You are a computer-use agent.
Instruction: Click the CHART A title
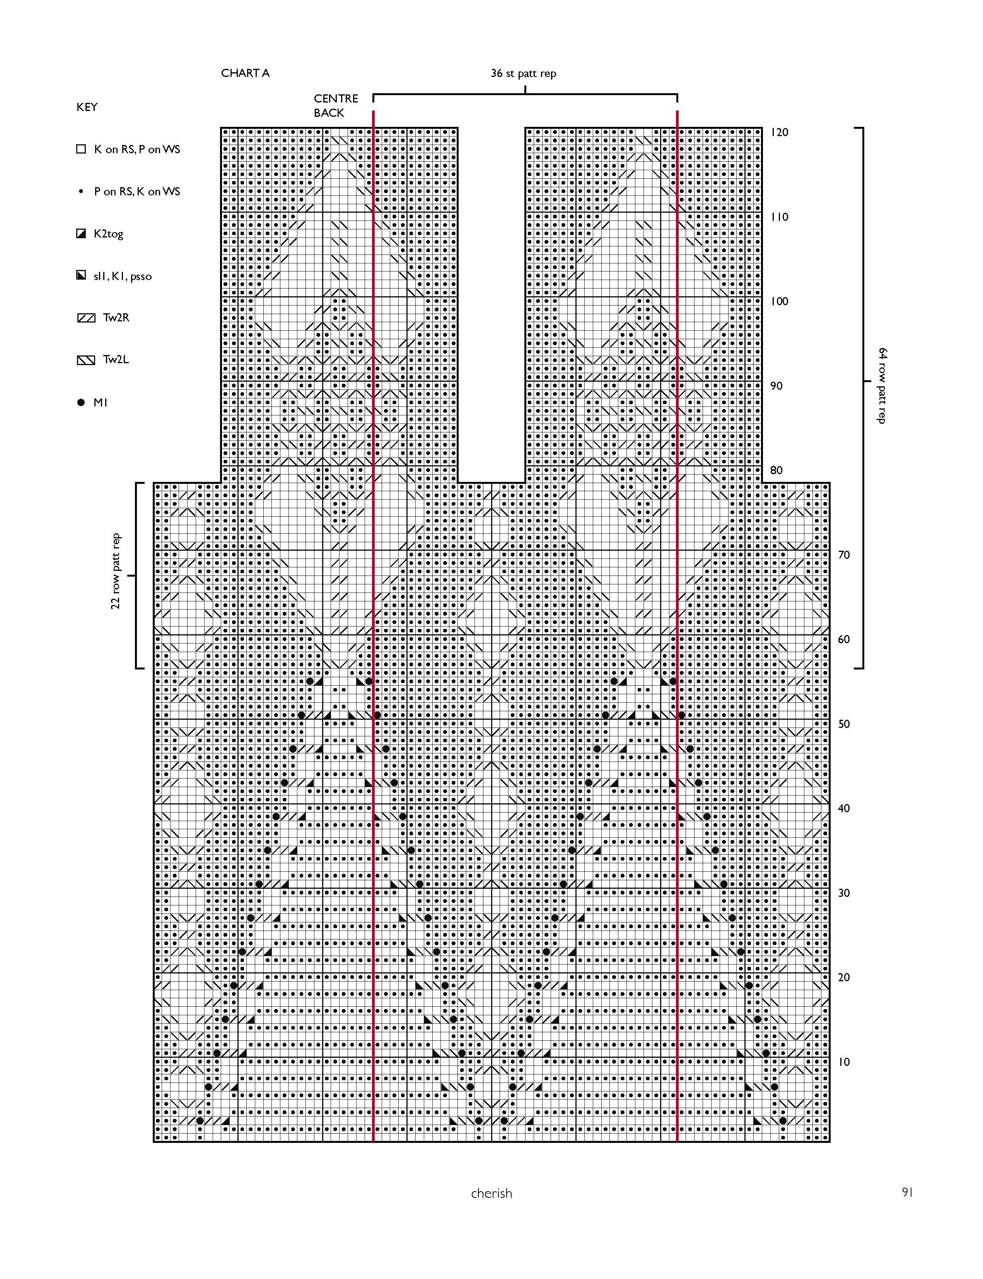[x=245, y=73]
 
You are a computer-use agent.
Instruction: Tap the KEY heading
[x=87, y=107]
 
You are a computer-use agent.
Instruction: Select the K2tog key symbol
[x=81, y=234]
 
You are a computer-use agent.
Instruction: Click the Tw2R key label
[x=116, y=318]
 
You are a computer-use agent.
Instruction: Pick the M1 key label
[x=100, y=403]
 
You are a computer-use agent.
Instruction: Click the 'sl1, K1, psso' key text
[x=122, y=276]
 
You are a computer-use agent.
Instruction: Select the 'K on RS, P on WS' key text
[x=137, y=149]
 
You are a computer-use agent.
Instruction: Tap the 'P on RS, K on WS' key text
[x=137, y=191]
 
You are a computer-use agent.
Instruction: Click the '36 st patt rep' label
[x=523, y=73]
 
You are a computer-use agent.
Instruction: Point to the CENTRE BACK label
[x=335, y=105]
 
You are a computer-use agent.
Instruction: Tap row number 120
[x=779, y=132]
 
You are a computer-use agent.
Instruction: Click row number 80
[x=776, y=470]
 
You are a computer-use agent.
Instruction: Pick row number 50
[x=844, y=724]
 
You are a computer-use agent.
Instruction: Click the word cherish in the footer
[x=491, y=1194]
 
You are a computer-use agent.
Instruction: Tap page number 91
[x=907, y=1192]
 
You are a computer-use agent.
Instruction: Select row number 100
[x=779, y=301]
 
